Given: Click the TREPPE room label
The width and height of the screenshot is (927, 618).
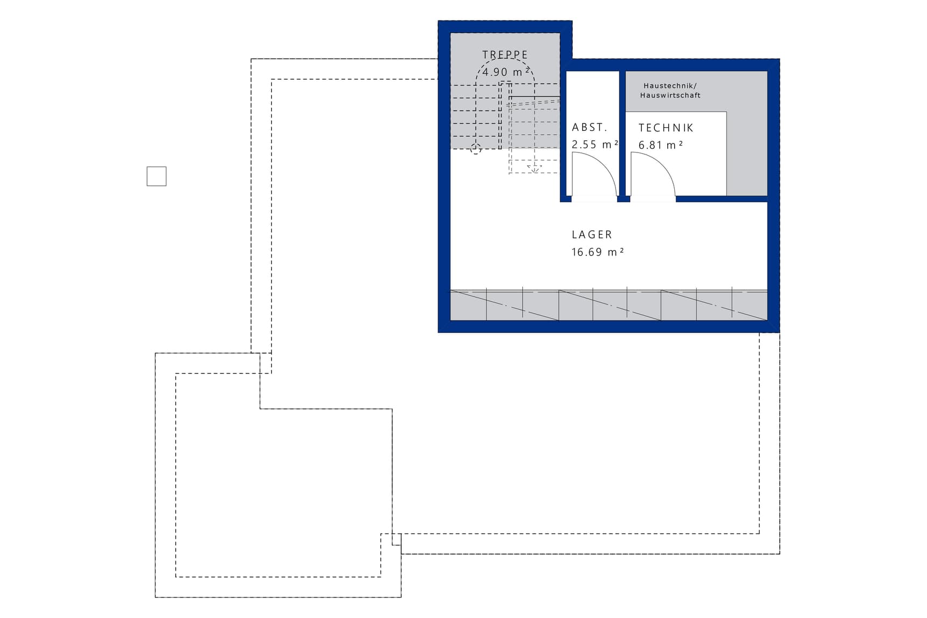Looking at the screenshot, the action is click(x=505, y=55).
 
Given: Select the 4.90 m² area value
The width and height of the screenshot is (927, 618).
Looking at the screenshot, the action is click(x=506, y=72).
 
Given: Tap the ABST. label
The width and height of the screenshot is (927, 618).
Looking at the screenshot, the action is click(x=590, y=128).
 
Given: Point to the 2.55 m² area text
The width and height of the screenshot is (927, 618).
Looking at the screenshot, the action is click(x=595, y=144).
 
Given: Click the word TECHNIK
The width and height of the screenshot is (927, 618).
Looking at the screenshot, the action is click(x=666, y=128).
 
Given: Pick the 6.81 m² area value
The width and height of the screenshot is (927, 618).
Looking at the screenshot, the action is click(x=661, y=145).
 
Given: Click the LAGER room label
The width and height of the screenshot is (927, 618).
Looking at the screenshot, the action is click(x=592, y=235).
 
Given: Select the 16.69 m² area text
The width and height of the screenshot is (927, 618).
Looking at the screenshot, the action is click(x=598, y=252).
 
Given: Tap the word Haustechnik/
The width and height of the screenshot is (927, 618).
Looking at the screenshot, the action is click(x=670, y=86).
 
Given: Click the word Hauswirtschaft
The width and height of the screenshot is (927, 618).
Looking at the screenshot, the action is click(x=670, y=95).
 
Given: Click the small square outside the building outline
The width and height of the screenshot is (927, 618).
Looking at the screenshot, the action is click(x=156, y=176).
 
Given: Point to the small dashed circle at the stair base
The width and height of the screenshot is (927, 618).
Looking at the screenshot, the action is click(x=475, y=149).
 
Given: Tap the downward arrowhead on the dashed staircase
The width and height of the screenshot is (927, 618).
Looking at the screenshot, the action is click(x=534, y=169).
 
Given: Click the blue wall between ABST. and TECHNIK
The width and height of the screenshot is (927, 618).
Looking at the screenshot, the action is click(x=622, y=133).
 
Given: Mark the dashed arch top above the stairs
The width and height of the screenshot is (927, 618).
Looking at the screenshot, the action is click(x=505, y=59).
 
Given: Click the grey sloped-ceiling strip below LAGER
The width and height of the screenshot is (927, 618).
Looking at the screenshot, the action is click(x=608, y=305).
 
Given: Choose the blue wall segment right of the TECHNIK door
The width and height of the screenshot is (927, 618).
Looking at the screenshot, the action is click(x=722, y=199).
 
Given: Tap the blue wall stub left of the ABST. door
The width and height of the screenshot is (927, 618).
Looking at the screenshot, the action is click(x=565, y=199).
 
